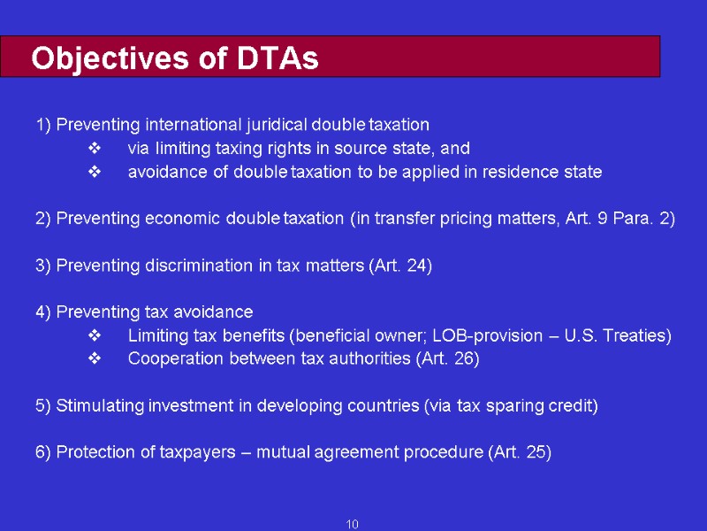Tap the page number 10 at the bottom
[x=352, y=525]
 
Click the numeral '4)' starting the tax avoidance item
[x=44, y=312]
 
